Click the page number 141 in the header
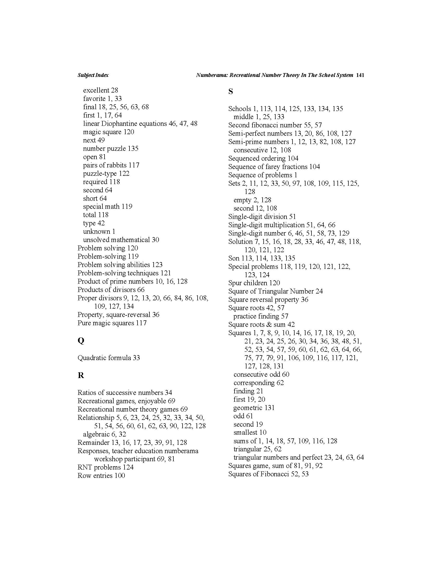tap(360, 75)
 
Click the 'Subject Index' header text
tap(93, 75)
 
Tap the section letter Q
tap(81, 341)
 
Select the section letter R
tap(81, 375)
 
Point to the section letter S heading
tap(230, 92)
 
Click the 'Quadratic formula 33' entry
tap(109, 358)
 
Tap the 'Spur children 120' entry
tap(254, 283)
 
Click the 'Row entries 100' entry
tap(101, 476)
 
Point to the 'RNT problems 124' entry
tap(105, 467)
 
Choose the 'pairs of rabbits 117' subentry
tap(111, 165)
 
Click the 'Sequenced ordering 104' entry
tap(263, 158)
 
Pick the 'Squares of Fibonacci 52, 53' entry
tap(268, 474)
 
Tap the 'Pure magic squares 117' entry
tap(112, 323)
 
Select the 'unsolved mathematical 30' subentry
tap(121, 240)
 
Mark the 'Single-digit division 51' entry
tap(262, 217)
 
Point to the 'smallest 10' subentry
tap(250, 432)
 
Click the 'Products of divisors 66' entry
tap(111, 290)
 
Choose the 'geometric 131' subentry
tap(254, 408)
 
